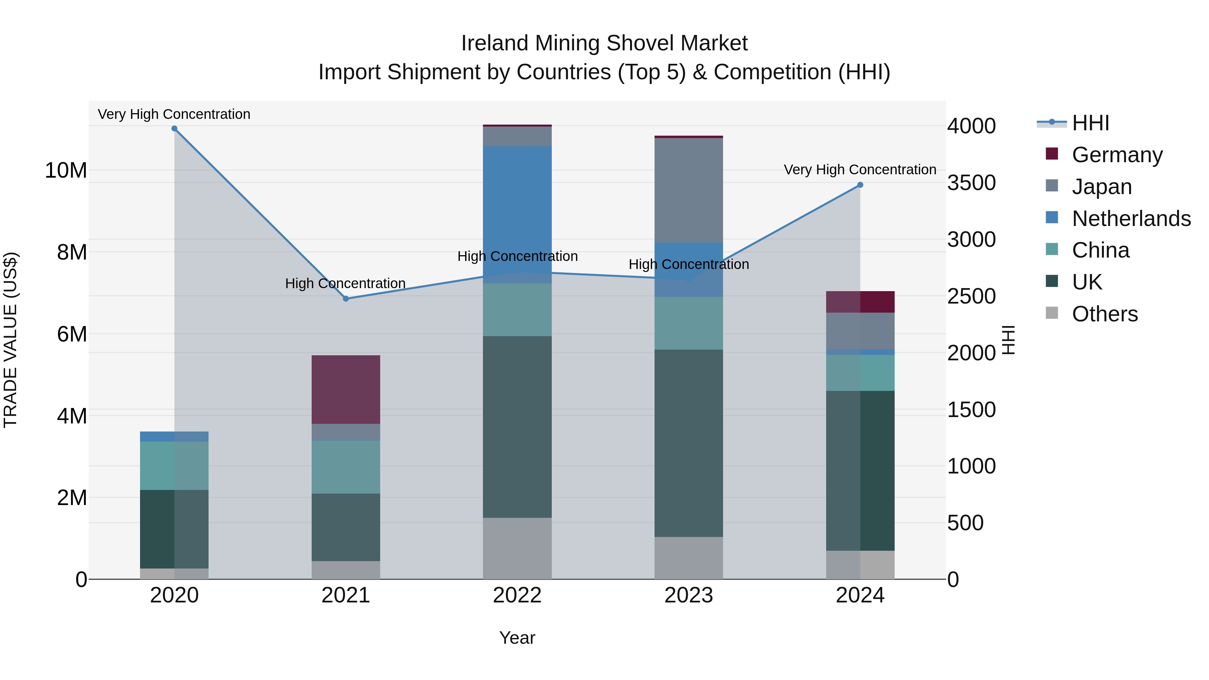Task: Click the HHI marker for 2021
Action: [346, 299]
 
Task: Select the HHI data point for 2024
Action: [860, 185]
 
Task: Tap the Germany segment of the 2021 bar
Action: [346, 390]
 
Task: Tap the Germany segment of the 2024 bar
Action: [860, 302]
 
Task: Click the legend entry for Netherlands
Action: [1131, 219]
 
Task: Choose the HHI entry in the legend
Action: [1090, 123]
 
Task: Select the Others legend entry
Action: [1104, 314]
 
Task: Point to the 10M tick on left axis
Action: [66, 170]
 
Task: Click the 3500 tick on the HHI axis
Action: [971, 183]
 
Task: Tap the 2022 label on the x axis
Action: [517, 595]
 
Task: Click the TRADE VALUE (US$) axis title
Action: [10, 340]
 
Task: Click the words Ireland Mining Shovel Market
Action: [604, 43]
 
